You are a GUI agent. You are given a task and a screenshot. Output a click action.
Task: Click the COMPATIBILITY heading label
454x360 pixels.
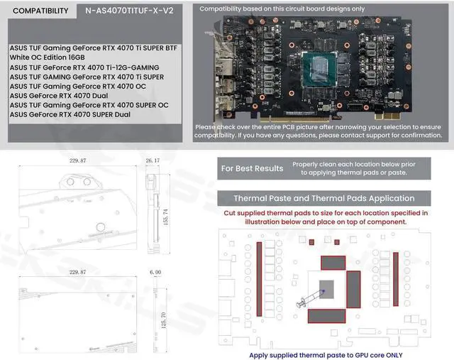[x=41, y=11]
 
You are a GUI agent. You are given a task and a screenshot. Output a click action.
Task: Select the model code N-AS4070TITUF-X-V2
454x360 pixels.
[x=128, y=11]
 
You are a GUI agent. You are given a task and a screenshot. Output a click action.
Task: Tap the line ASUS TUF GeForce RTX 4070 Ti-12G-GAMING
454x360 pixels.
[x=84, y=67]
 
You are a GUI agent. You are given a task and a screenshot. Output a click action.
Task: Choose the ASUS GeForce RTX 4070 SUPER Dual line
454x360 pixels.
[x=70, y=114]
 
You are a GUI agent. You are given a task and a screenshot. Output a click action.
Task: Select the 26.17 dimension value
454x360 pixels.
[x=153, y=161]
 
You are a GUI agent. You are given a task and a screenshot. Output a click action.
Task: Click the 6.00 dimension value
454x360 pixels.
[x=155, y=272]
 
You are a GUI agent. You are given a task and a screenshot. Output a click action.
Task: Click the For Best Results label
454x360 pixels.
[x=252, y=168]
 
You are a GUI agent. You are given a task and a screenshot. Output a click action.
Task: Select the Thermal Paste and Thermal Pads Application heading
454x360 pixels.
[x=324, y=198]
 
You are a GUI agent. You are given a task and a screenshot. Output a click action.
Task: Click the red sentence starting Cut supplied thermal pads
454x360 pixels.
[x=326, y=217]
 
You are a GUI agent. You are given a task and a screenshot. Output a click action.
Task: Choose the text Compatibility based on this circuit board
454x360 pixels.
[x=282, y=9]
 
